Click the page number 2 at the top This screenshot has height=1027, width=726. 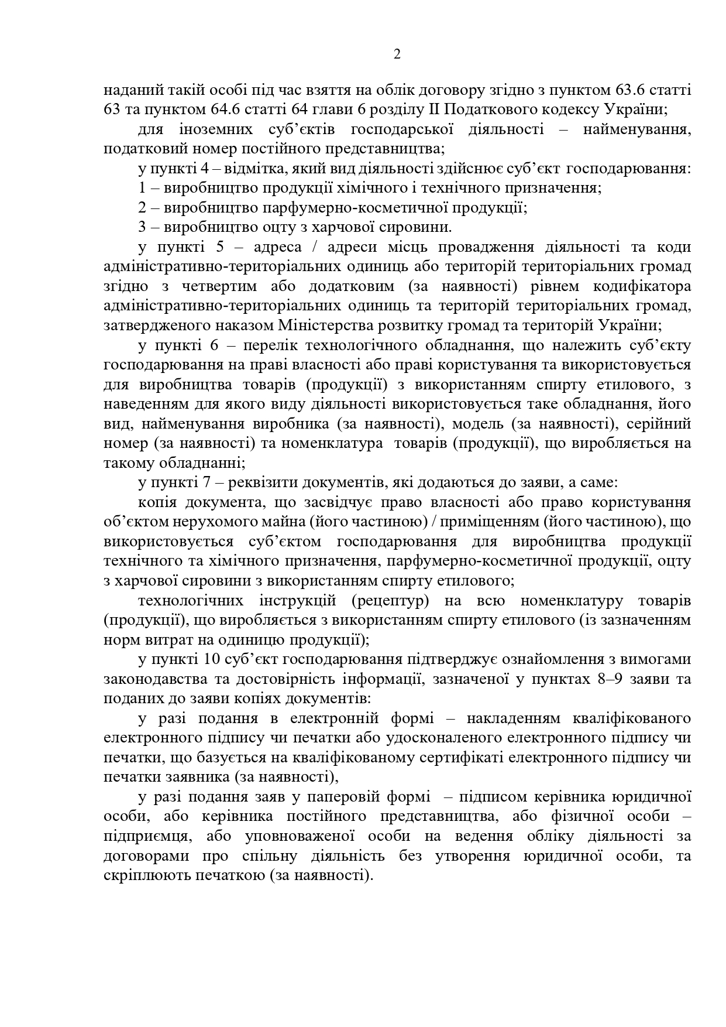click(397, 54)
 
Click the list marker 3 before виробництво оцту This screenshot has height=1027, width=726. click(143, 227)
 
